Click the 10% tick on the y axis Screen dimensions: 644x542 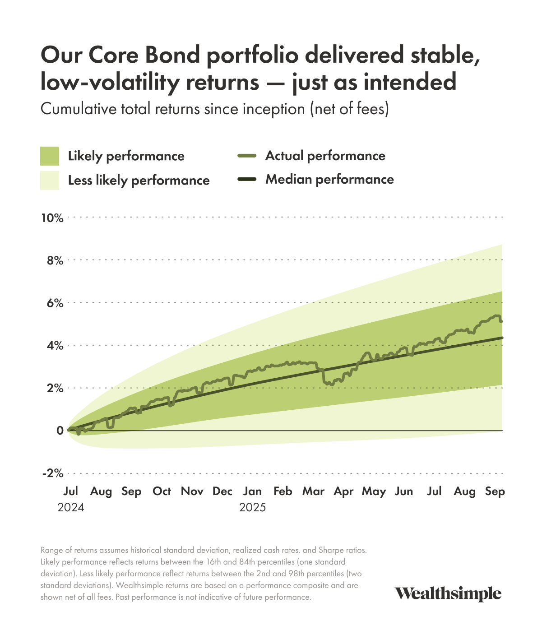(x=52, y=218)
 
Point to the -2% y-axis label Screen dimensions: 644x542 (x=52, y=473)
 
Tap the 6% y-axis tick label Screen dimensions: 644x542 (x=54, y=303)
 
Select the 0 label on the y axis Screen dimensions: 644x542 (x=60, y=431)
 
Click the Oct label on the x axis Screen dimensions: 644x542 (x=162, y=491)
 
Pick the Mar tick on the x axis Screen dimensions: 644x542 (x=313, y=491)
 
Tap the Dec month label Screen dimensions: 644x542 (x=222, y=491)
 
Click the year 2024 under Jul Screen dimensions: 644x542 (x=71, y=508)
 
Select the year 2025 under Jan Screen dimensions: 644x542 (x=252, y=508)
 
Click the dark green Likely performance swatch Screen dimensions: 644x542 (x=50, y=156)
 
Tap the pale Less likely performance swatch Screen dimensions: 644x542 (x=50, y=181)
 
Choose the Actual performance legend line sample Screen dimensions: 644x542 (x=247, y=156)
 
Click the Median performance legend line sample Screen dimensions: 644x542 (x=247, y=180)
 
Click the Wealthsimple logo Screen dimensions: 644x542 (x=448, y=594)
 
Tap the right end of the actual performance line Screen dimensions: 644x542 (x=501, y=321)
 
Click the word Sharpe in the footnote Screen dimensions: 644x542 (x=332, y=551)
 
